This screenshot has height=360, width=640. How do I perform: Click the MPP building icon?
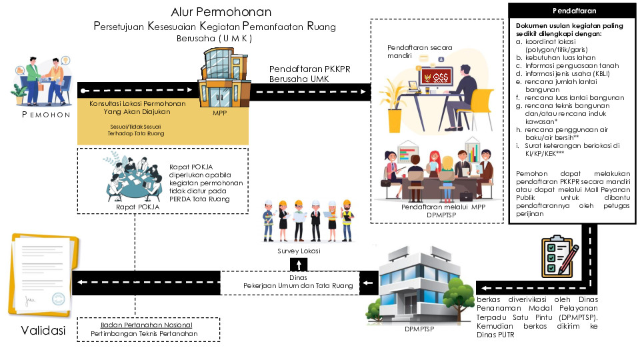coord(219,79)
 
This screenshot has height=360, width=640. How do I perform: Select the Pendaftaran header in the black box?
coord(574,11)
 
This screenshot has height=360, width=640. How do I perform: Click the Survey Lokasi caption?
coord(299,251)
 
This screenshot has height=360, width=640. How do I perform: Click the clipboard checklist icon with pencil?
coord(559,256)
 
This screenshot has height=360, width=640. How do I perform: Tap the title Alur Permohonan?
coord(221,12)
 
